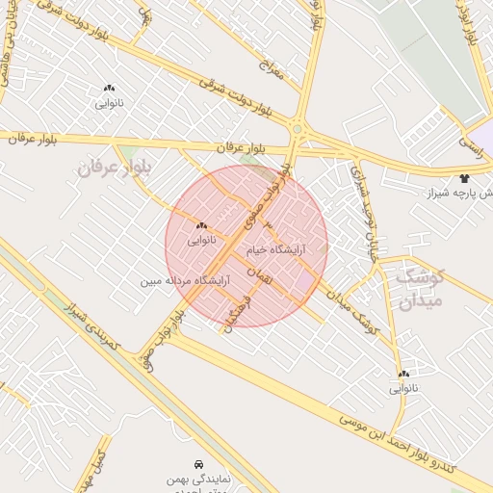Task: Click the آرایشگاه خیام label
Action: (x=277, y=249)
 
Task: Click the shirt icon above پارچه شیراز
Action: (x=465, y=178)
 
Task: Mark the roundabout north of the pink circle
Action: (x=298, y=129)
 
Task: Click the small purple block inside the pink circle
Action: (x=306, y=280)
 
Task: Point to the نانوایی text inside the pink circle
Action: (x=200, y=239)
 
